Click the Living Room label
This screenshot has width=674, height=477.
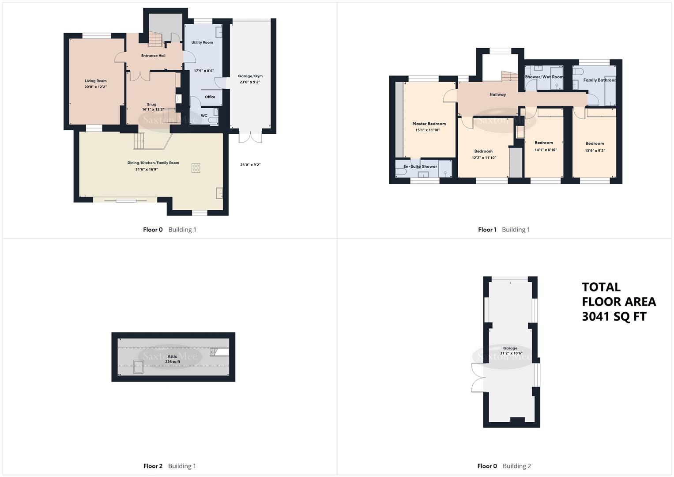(96, 81)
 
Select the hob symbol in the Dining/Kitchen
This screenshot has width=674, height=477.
(196, 168)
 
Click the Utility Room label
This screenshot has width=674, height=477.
(202, 42)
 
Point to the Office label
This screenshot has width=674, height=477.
(210, 97)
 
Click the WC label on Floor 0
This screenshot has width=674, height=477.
(204, 116)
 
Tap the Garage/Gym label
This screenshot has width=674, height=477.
(250, 76)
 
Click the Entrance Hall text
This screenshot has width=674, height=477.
(153, 56)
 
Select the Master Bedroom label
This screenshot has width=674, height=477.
(429, 124)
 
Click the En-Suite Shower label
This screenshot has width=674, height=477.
(420, 167)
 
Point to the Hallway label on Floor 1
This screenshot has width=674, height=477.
(497, 95)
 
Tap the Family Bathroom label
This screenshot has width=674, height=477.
(599, 80)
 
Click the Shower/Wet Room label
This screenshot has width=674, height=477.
(544, 77)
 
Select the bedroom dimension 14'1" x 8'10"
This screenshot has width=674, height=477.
(546, 150)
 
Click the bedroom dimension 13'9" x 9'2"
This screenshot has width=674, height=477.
(595, 150)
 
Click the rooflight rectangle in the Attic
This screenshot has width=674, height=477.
(139, 367)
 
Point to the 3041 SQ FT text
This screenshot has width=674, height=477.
(614, 317)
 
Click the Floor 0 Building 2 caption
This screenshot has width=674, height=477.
(504, 466)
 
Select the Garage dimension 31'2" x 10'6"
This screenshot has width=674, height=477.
(511, 353)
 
